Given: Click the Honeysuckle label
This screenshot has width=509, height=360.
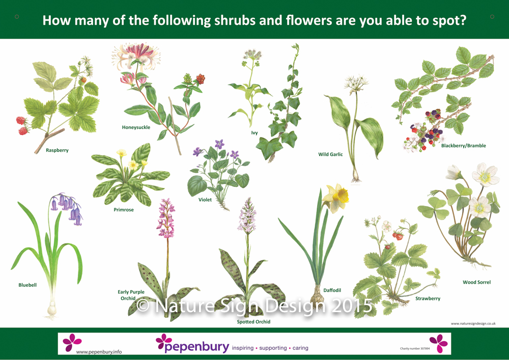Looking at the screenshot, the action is [x=136, y=127].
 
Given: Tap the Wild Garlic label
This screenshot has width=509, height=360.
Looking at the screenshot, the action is [x=330, y=154].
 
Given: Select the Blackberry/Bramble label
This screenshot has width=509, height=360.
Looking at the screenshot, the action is [x=464, y=146].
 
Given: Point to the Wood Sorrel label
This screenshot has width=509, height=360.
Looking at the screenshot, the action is [x=476, y=282].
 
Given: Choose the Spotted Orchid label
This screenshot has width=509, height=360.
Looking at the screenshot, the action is [x=253, y=322].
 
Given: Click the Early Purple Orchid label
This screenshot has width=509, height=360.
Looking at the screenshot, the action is [x=131, y=295].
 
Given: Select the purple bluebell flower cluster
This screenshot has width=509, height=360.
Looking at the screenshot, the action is [x=68, y=208].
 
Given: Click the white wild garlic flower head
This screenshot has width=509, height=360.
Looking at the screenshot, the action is [x=356, y=83].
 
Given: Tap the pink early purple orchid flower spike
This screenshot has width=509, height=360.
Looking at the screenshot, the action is [x=165, y=217].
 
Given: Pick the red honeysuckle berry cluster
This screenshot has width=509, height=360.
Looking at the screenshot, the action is [x=200, y=78].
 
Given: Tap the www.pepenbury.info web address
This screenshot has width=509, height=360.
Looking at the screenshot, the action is [x=99, y=351].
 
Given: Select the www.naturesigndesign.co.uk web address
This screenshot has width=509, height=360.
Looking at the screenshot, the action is [x=473, y=323].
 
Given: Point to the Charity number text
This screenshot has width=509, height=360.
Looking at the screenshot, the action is [x=415, y=349].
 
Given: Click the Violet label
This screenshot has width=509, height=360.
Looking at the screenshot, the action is [x=205, y=200].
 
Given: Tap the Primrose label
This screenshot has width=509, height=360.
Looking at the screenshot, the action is [x=123, y=210].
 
